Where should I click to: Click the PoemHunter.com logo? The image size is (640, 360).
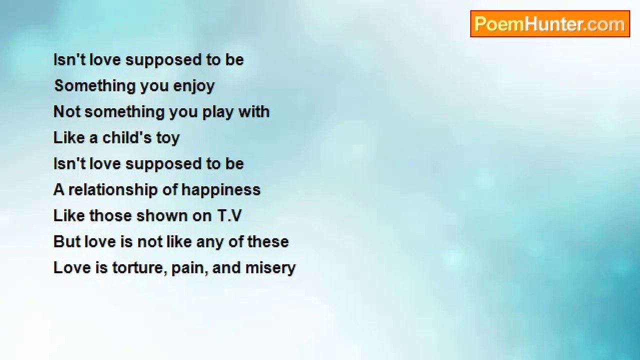coord(550,24)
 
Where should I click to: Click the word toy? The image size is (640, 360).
coord(168,138)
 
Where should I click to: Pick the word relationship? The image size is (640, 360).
coord(113,190)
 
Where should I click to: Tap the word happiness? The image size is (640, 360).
coord(221,190)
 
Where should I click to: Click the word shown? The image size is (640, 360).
coord(162,215)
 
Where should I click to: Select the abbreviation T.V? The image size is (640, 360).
coord(229,215)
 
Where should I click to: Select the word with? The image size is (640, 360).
coord(254,111)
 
